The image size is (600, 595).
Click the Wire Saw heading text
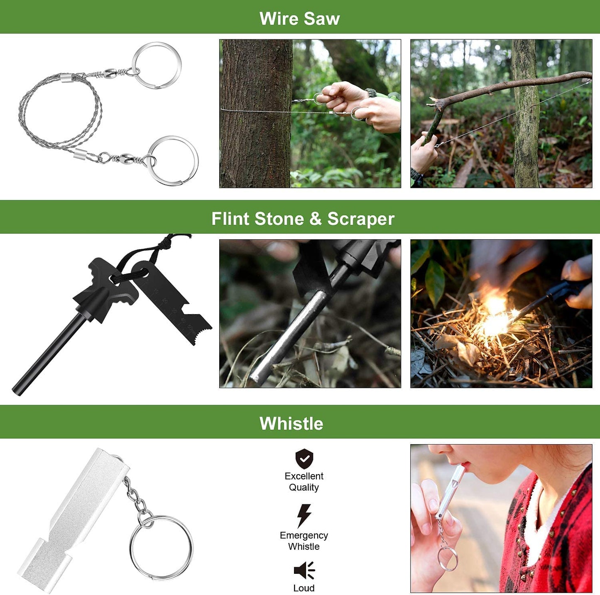pyautogui.click(x=299, y=19)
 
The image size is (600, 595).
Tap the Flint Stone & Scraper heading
pyautogui.click(x=303, y=219)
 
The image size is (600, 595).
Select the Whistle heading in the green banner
pyautogui.click(x=291, y=423)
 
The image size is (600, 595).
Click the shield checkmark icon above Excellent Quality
pyautogui.click(x=304, y=459)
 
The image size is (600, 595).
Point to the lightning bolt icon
pyautogui.click(x=304, y=516)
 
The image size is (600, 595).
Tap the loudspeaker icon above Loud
pyautogui.click(x=304, y=570)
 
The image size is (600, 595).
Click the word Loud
pyautogui.click(x=304, y=588)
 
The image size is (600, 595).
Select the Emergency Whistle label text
pyautogui.click(x=304, y=541)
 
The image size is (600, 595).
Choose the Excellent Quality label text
pyautogui.click(x=304, y=482)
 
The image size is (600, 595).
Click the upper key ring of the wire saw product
pyautogui.click(x=157, y=65)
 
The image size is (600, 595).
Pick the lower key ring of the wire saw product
pyautogui.click(x=173, y=160)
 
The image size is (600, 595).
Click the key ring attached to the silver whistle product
pyautogui.click(x=161, y=547)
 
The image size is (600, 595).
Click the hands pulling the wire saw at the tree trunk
pyautogui.click(x=357, y=104)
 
